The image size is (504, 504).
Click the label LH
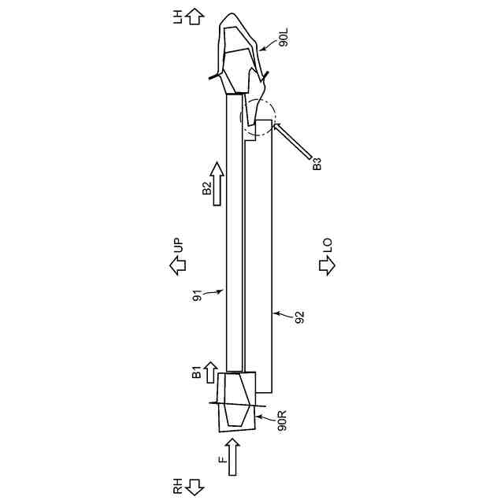tap(178, 17)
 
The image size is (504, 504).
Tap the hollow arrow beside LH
tap(195, 17)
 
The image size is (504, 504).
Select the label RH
tap(178, 486)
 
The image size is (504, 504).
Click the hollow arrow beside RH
tap(195, 487)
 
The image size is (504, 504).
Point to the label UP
tap(178, 246)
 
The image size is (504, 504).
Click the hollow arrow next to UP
tap(177, 265)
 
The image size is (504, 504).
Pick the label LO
tap(328, 246)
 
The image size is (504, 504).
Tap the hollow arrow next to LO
tap(328, 265)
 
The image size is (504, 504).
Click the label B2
tap(207, 188)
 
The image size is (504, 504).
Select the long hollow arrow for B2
tap(217, 183)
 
